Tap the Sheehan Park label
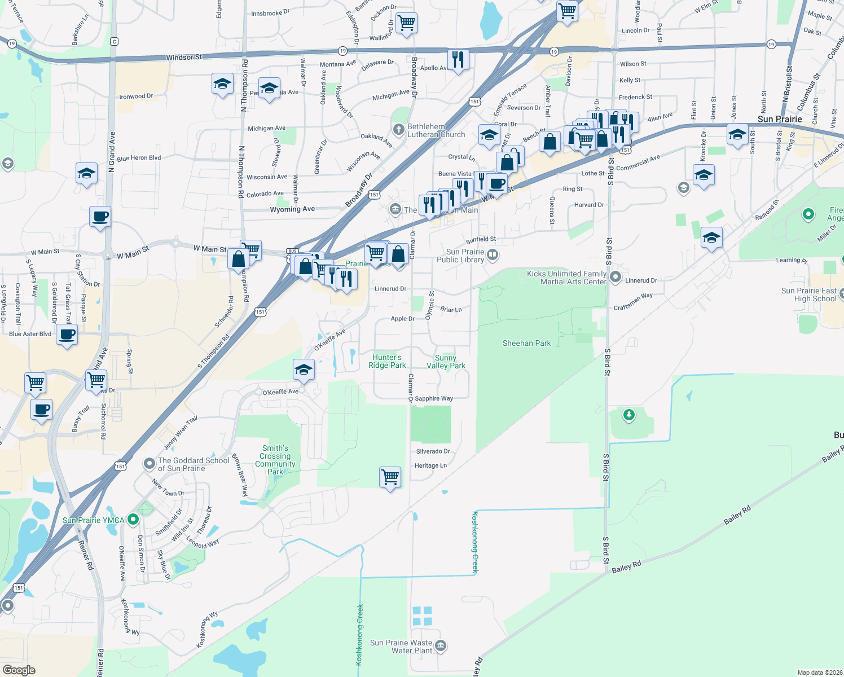526,343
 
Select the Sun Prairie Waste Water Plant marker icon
441,645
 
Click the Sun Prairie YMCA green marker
133,518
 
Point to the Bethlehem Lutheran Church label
436,131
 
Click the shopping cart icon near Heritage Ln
390,477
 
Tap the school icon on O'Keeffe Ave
304,370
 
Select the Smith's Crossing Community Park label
275,460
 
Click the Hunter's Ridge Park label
387,361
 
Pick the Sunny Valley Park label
446,362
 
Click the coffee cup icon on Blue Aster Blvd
67,335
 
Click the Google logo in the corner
19,670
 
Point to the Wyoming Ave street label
292,209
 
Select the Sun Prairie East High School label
809,294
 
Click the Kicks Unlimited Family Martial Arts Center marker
616,277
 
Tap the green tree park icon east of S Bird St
628,415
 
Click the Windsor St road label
184,58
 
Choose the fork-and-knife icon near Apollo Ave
458,59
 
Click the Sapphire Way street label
434,398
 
